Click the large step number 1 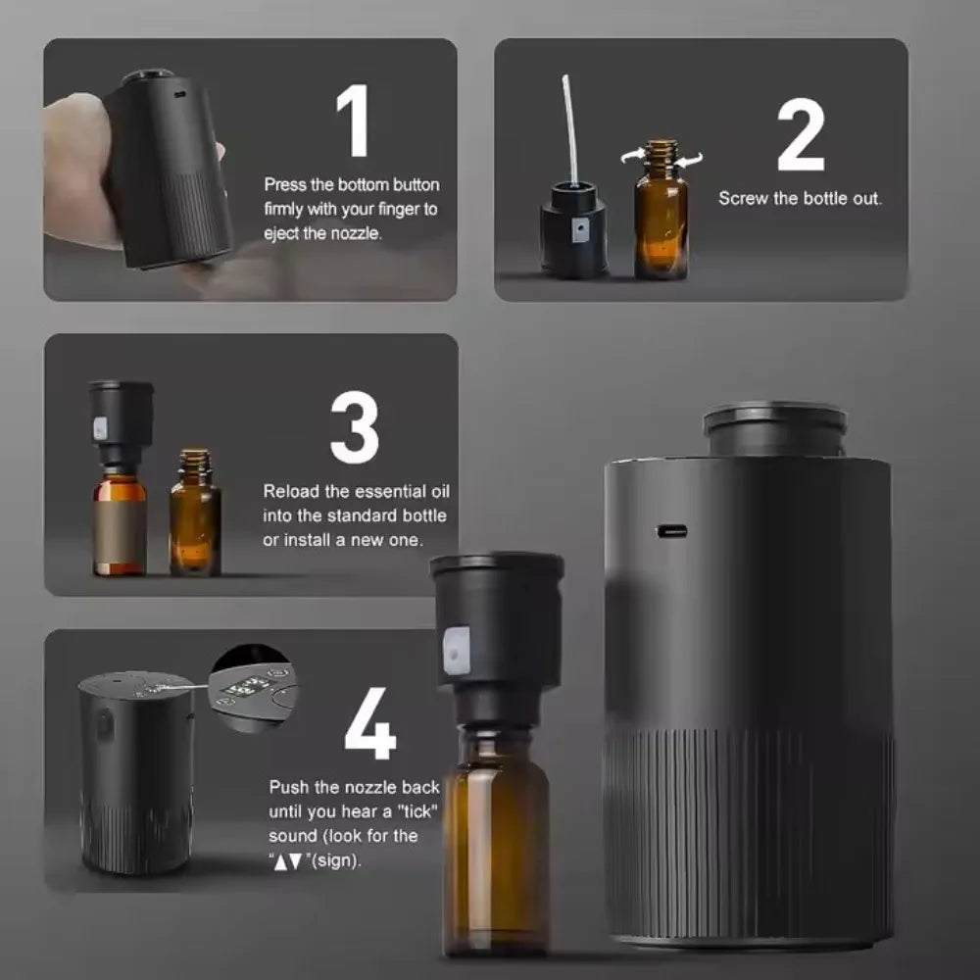click(x=353, y=122)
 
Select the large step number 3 click(x=354, y=429)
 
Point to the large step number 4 click(x=369, y=726)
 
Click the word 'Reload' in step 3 click(x=289, y=492)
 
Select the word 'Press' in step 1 click(x=285, y=184)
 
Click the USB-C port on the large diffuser click(x=671, y=531)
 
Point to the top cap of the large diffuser click(x=774, y=426)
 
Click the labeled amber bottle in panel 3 click(x=120, y=524)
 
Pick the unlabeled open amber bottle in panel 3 click(x=194, y=519)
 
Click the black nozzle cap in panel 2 click(x=573, y=230)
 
